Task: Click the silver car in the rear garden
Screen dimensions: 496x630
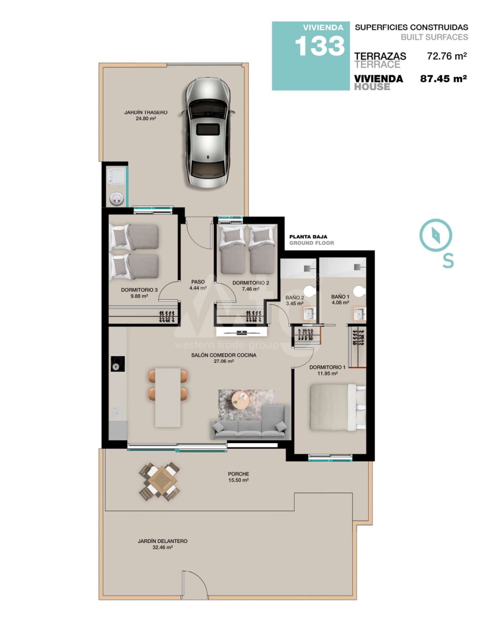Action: tap(208, 133)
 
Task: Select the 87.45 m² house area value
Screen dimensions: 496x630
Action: tap(443, 78)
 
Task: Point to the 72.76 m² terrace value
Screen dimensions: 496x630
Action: tap(447, 56)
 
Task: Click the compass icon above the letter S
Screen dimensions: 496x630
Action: tap(435, 235)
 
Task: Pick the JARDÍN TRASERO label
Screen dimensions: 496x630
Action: tap(146, 112)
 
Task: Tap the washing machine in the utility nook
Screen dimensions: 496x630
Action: tap(116, 176)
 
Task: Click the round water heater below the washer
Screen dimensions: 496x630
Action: tap(116, 199)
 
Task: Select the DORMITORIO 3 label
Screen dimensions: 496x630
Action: tap(139, 290)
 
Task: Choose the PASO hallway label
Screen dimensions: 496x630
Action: tap(198, 282)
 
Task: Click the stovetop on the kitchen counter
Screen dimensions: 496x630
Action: tap(118, 364)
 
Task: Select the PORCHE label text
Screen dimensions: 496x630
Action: tap(239, 474)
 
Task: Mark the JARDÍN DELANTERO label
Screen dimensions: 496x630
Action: tap(162, 541)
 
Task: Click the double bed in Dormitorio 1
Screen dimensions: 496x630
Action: tap(338, 407)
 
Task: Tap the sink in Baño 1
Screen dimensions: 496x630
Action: tap(359, 314)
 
